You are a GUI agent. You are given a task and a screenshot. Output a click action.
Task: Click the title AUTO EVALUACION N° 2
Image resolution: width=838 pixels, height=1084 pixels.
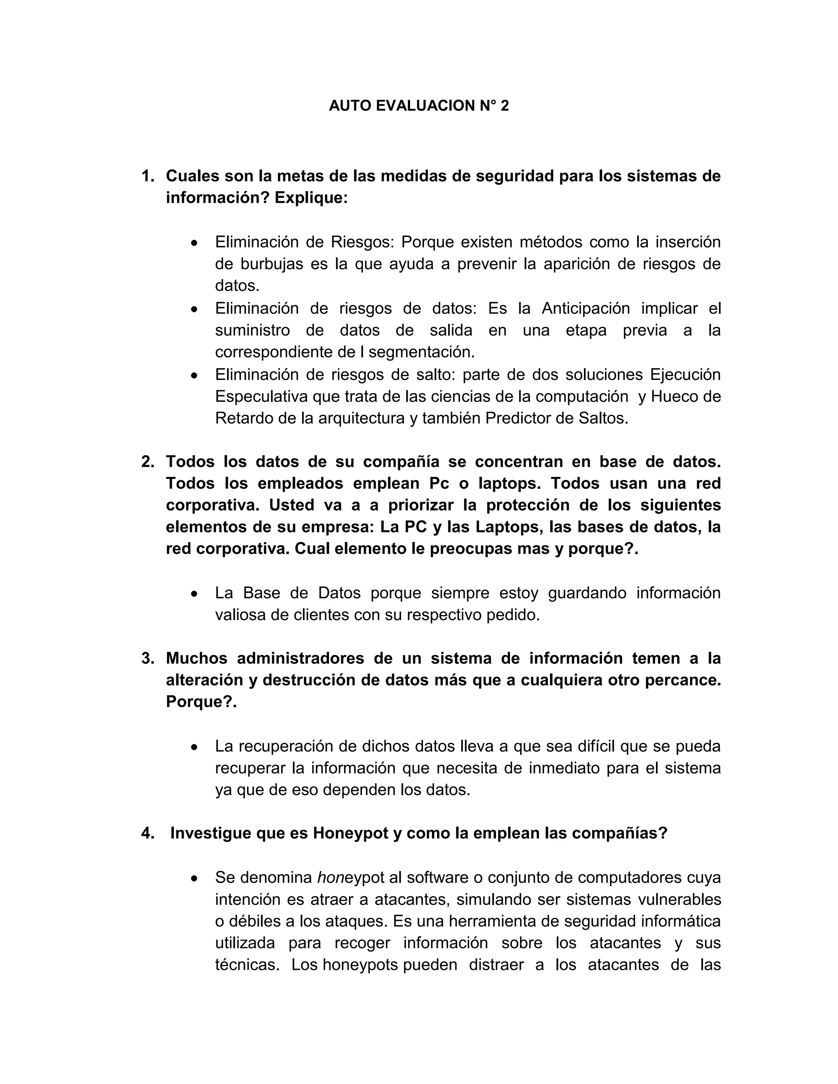419,106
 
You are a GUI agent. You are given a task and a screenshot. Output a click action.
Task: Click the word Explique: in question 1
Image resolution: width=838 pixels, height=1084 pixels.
311,198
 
